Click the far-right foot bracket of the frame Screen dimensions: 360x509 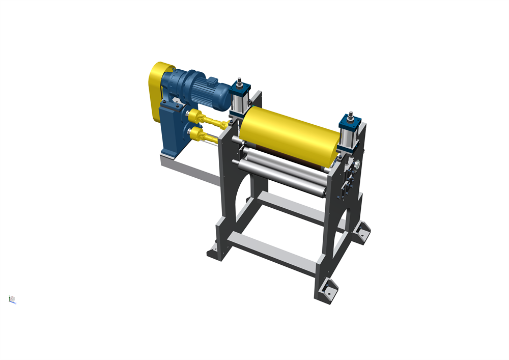[362, 231]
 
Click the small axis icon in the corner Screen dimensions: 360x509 [12, 299]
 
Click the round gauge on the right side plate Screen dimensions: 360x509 [357, 163]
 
